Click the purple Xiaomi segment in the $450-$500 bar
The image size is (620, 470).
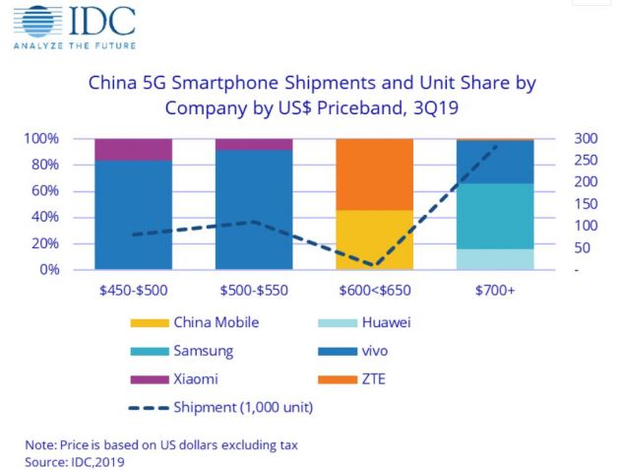134,149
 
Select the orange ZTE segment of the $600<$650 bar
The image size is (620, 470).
373,174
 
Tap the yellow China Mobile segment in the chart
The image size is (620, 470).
373,239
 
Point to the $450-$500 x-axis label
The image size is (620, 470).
134,290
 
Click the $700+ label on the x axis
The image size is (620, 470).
494,290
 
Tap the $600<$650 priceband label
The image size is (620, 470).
373,290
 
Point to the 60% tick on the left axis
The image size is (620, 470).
46,190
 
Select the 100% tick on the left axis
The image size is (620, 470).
42,138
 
